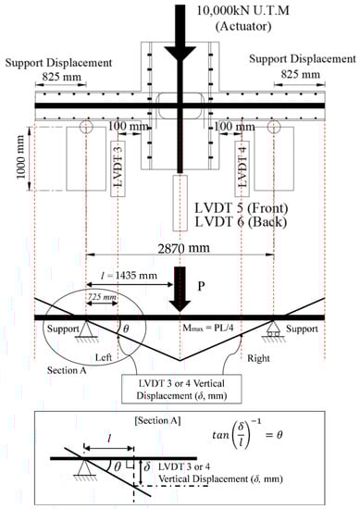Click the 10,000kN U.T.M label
[242, 10]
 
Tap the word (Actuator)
[243, 26]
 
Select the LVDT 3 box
[118, 168]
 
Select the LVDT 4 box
[242, 168]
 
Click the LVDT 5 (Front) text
[242, 208]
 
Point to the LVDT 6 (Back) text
[241, 222]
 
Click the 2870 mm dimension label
[184, 248]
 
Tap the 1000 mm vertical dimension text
[20, 157]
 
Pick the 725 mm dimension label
[102, 297]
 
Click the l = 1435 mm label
[129, 276]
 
